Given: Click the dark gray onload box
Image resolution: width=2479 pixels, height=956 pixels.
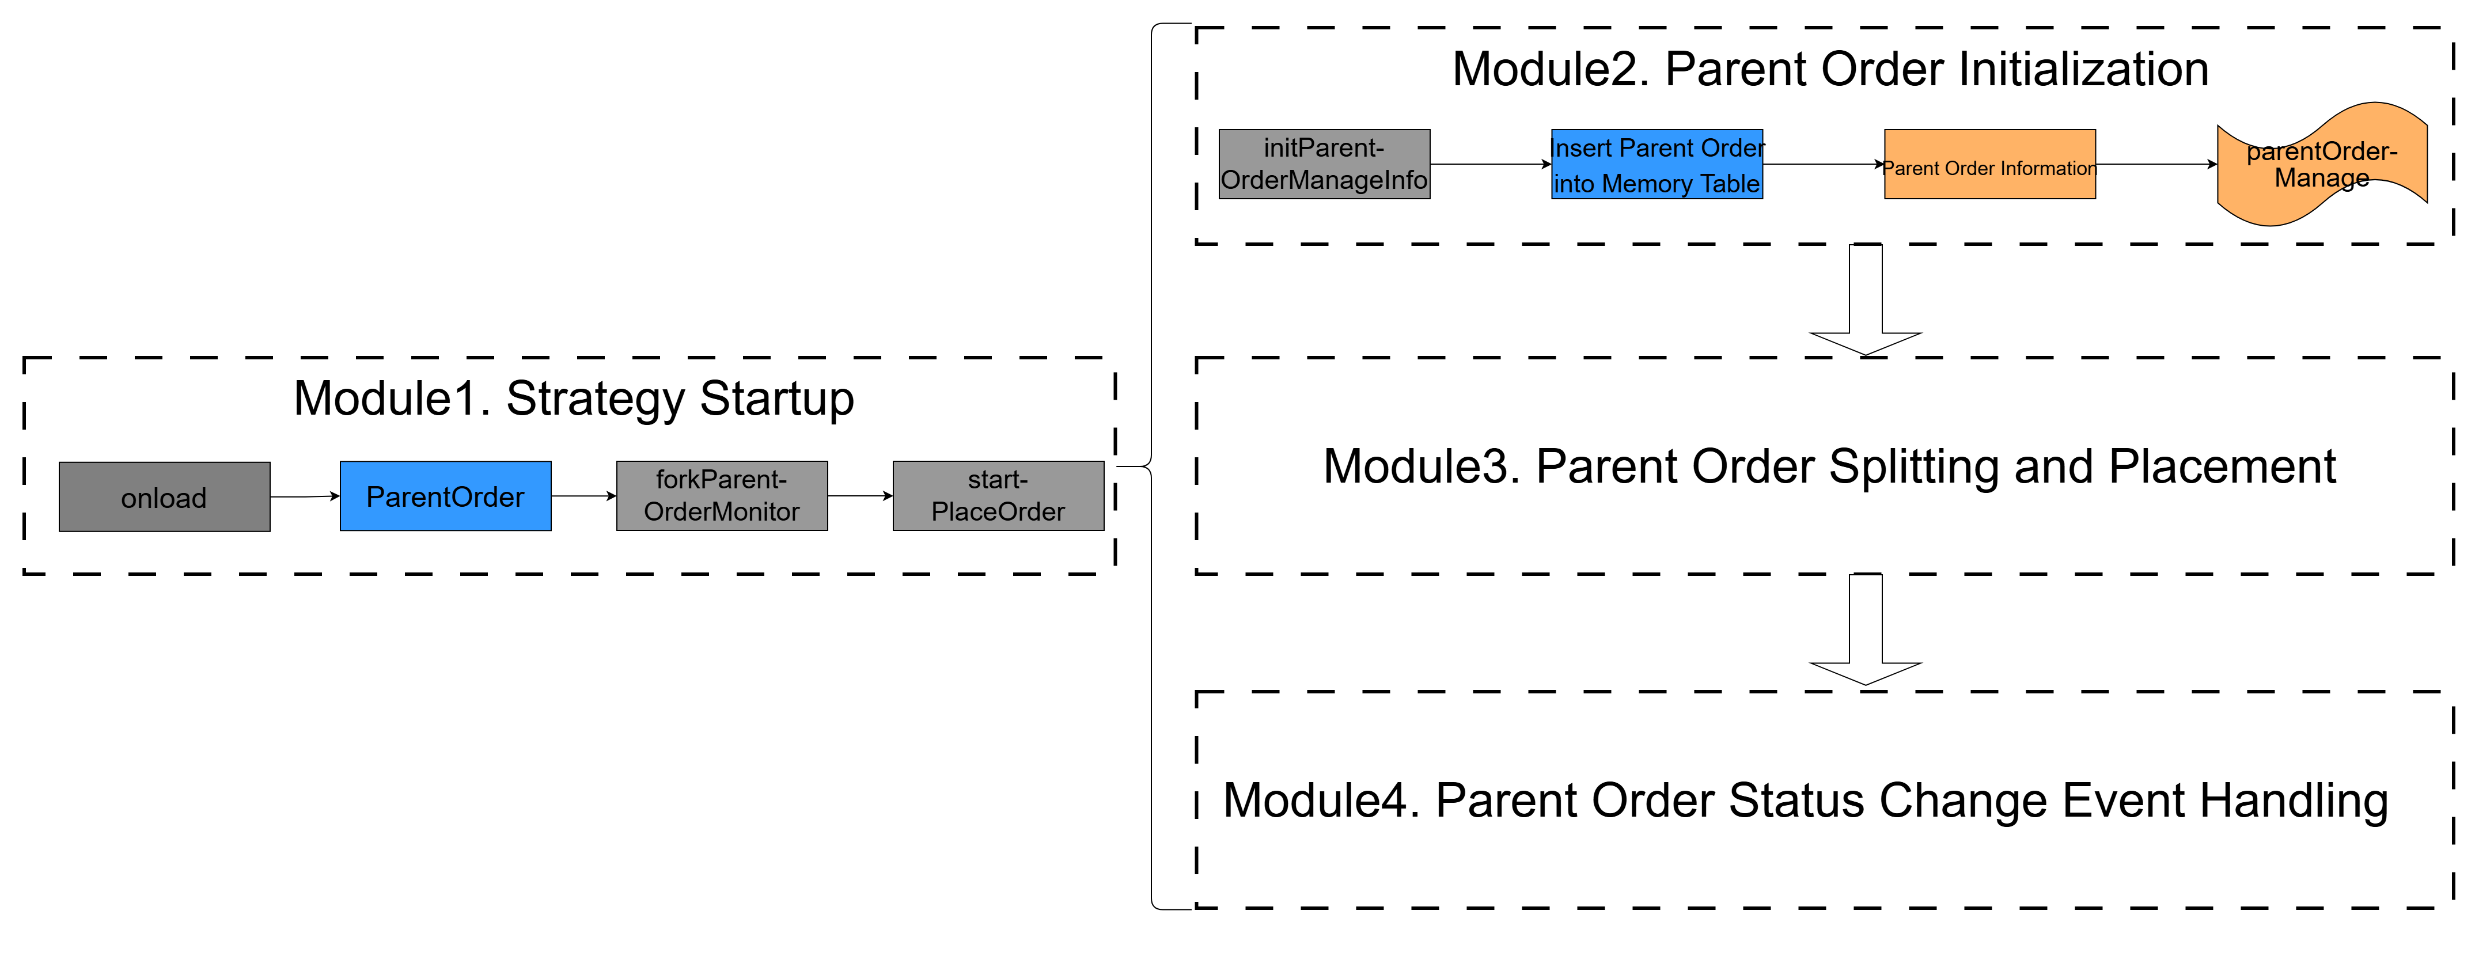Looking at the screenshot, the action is [x=165, y=496].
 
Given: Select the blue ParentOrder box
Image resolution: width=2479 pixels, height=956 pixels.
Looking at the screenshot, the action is [x=446, y=496].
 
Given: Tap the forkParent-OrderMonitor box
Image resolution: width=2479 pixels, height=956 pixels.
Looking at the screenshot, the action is [x=722, y=496].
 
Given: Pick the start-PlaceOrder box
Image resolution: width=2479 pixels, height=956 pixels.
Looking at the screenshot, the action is [x=998, y=496].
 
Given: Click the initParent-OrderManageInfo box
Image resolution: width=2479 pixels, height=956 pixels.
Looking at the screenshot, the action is [x=1324, y=165].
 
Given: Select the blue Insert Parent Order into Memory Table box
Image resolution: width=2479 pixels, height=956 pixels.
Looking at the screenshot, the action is [x=1657, y=165].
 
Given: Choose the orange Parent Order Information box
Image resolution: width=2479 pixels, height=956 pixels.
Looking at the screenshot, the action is [x=1990, y=165].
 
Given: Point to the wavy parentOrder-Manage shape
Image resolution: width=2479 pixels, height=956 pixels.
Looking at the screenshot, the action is [x=2322, y=165].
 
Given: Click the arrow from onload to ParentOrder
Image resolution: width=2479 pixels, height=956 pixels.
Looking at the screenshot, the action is [x=305, y=496].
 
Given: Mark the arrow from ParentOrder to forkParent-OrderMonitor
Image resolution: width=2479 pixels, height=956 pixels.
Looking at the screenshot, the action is [x=584, y=496].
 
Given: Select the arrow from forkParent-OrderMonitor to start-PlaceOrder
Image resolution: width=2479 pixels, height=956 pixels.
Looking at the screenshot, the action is [x=861, y=496].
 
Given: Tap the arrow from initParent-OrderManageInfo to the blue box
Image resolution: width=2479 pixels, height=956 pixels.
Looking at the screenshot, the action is [x=1491, y=165].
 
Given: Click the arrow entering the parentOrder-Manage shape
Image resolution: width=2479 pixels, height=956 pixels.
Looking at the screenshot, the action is [x=2156, y=165].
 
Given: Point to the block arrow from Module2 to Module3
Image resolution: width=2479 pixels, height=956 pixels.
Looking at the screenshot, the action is [x=1866, y=300].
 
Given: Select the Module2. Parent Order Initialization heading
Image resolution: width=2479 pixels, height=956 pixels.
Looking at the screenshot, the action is [x=1830, y=69].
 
